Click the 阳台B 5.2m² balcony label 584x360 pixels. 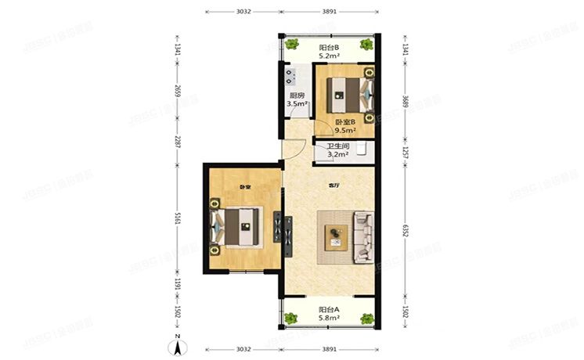[x=329, y=52]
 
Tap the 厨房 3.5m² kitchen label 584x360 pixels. [x=296, y=99]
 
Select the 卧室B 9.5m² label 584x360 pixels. [x=345, y=125]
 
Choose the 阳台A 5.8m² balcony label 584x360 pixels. [x=329, y=314]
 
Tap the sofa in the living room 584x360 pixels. [x=364, y=236]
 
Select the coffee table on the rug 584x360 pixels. [x=337, y=234]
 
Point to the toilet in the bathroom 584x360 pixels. [x=362, y=149]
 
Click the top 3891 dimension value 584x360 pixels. [x=329, y=12]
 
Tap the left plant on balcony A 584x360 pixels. [x=290, y=319]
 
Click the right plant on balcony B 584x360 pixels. [x=365, y=45]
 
